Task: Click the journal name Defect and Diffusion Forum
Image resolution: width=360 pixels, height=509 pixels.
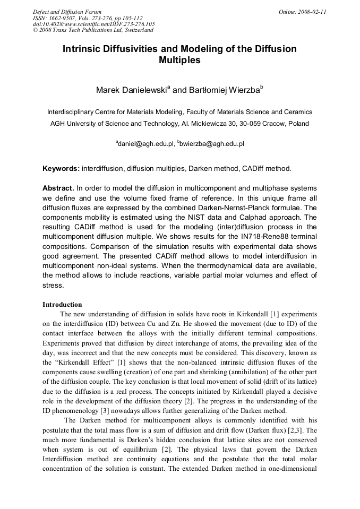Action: point(67,11)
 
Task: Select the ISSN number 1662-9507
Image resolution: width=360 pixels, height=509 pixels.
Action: point(63,18)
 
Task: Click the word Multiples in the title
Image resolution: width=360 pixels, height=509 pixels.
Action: point(179,61)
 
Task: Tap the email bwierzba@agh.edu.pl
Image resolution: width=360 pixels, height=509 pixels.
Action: point(212,143)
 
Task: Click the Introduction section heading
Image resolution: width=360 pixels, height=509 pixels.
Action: point(62,305)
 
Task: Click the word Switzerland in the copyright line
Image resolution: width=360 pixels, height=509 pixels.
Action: point(133,30)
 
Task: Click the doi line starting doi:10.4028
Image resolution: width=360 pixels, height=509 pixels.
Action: point(94,24)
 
